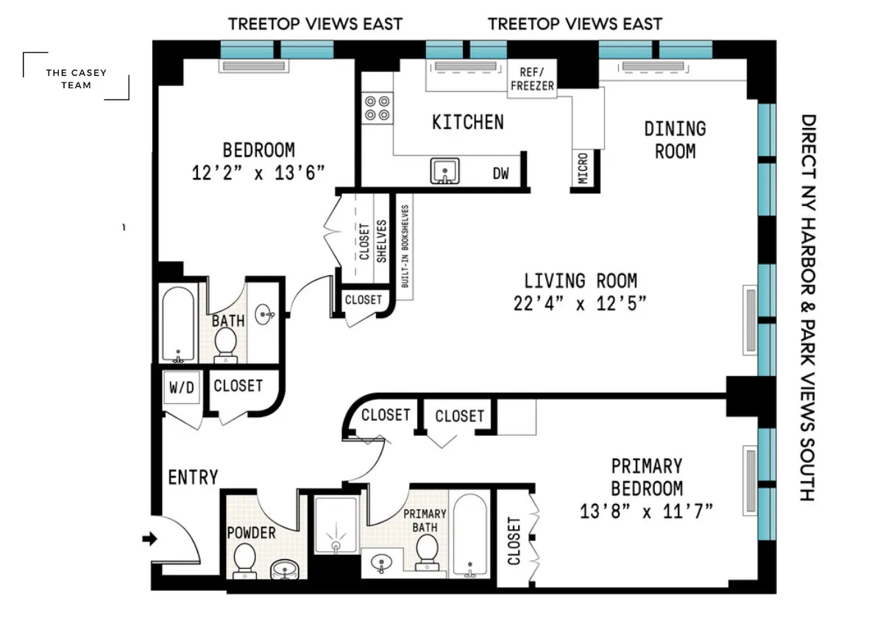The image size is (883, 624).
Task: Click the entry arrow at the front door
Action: click(x=149, y=539)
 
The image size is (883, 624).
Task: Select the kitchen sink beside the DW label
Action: click(x=444, y=171)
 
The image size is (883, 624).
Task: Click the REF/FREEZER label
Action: click(x=532, y=79)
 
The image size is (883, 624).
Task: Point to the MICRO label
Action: click(x=583, y=169)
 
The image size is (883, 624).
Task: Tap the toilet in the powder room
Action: click(x=244, y=564)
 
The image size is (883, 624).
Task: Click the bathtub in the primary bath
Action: click(x=469, y=536)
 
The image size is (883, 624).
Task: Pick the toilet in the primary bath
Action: click(x=426, y=552)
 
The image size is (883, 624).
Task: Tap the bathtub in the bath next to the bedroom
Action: click(x=177, y=325)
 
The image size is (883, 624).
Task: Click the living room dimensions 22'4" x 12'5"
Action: click(x=580, y=303)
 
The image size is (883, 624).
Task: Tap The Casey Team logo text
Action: click(x=76, y=79)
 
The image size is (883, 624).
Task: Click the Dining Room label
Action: click(x=675, y=139)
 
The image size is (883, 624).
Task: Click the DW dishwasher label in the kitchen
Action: click(x=500, y=174)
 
